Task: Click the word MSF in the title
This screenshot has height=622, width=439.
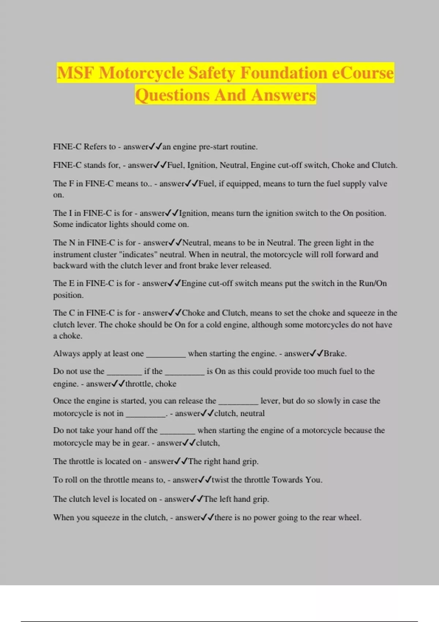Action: pos(75,73)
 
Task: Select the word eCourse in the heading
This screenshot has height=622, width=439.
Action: pos(363,73)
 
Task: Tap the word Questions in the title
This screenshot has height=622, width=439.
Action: pos(172,95)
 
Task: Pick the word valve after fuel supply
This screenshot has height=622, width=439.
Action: pos(378,184)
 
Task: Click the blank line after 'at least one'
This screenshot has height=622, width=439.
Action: pos(166,354)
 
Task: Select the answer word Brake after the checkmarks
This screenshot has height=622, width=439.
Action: pos(334,353)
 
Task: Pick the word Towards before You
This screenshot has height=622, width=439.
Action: pos(288,480)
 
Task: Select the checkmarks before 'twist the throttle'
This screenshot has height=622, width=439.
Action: pos(205,480)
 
